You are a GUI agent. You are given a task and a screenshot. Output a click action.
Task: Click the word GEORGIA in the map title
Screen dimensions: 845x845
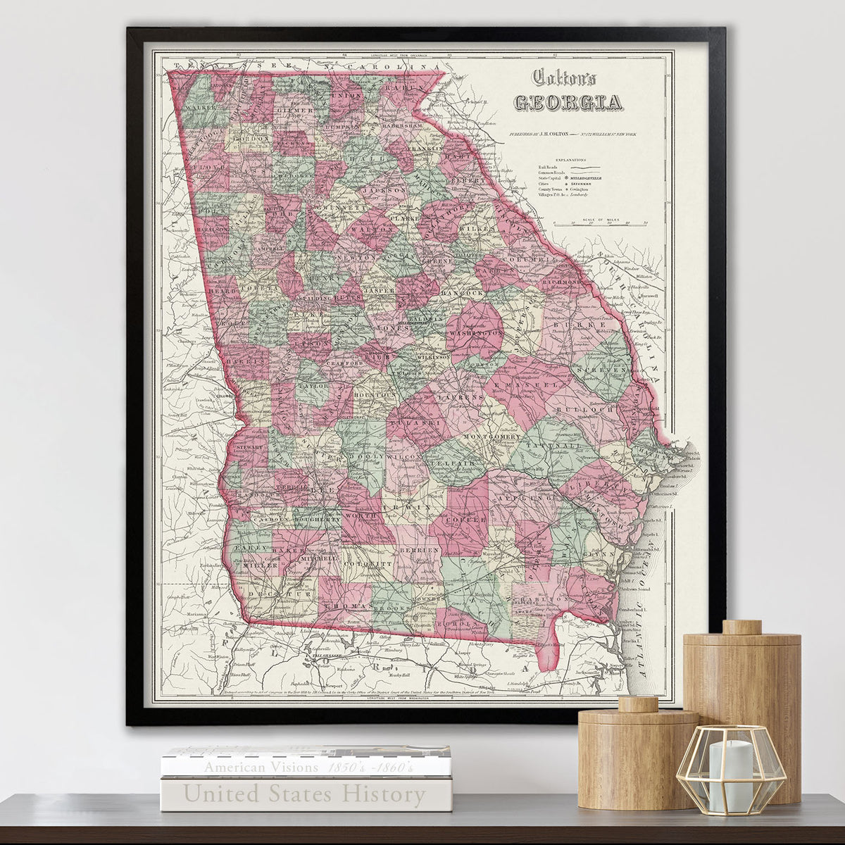(x=568, y=103)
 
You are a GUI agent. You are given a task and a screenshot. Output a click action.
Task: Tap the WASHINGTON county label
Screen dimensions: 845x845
(x=475, y=332)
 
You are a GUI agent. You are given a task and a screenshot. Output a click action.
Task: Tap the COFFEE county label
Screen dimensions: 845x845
(x=464, y=519)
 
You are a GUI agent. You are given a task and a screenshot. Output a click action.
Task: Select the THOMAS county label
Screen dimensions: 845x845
(x=348, y=606)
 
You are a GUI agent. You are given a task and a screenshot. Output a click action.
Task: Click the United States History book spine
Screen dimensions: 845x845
(x=306, y=794)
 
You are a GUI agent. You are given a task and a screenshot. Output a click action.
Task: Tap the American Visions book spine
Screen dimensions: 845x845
(x=306, y=767)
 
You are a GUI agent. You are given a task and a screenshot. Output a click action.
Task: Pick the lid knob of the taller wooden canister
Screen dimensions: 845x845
(x=742, y=627)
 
